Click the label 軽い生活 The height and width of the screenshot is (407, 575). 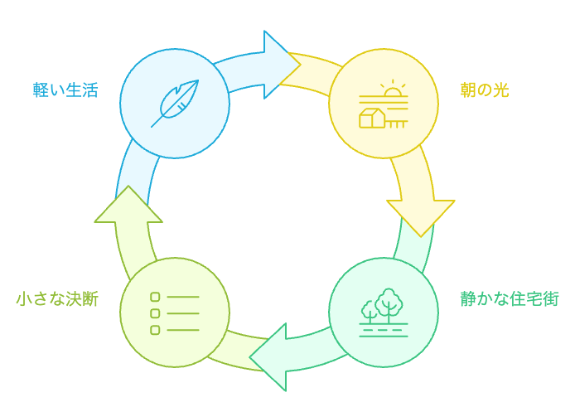65,90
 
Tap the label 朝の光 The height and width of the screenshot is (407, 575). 485,90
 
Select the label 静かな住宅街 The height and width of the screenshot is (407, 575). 510,298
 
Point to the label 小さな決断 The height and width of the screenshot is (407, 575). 56,298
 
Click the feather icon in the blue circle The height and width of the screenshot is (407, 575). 174,103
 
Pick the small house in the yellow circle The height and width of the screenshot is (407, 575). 372,119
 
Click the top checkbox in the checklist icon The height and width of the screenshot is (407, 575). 155,297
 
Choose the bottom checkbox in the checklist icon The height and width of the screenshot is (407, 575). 155,330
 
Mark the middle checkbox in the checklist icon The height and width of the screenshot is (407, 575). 155,313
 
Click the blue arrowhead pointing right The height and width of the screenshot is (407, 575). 280,64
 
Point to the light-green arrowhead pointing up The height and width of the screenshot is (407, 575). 128,206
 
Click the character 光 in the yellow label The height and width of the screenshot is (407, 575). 500,90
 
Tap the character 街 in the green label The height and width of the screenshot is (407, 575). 550,298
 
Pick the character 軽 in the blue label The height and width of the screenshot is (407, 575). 41,90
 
